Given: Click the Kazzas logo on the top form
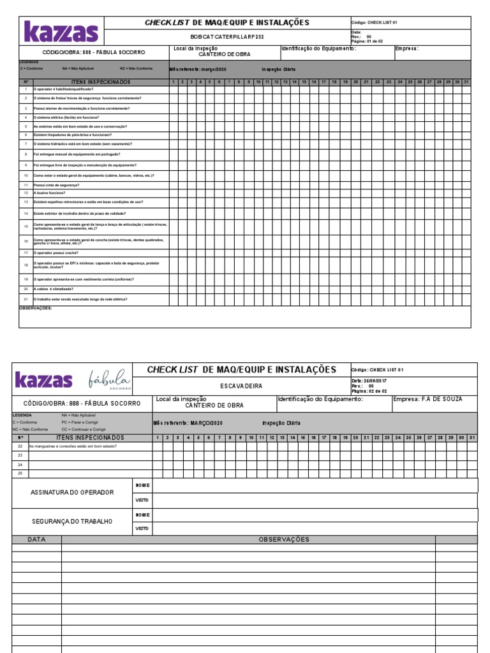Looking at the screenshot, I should pyautogui.click(x=61, y=31).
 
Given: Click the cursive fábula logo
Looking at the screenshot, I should pyautogui.click(x=110, y=379).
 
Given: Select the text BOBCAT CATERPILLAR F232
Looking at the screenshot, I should pyautogui.click(x=226, y=37).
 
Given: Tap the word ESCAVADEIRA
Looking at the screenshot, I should pyautogui.click(x=241, y=386).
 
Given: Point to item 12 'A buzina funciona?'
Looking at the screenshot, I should pyautogui.click(x=49, y=193).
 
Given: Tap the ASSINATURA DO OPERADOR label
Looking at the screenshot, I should pyautogui.click(x=72, y=492).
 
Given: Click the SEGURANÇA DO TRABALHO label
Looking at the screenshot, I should pyautogui.click(x=71, y=521).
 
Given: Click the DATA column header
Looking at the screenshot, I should pyautogui.click(x=36, y=539).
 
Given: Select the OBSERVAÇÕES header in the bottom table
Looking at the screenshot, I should pyautogui.click(x=283, y=539).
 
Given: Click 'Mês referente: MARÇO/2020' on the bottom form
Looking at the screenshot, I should pyautogui.click(x=188, y=423).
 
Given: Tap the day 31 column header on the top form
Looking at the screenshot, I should pyautogui.click(x=466, y=82).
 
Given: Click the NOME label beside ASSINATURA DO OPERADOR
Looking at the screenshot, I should pyautogui.click(x=142, y=485).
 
